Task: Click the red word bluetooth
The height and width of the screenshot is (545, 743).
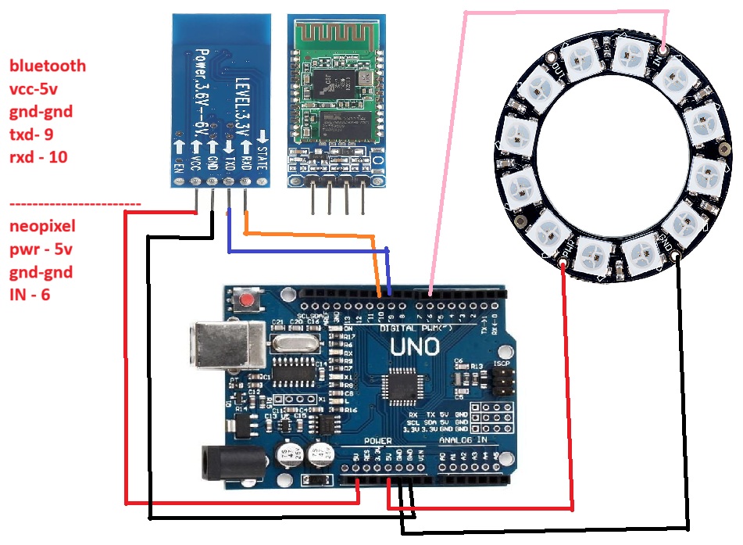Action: (x=48, y=66)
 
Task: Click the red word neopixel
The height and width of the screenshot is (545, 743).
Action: (x=42, y=228)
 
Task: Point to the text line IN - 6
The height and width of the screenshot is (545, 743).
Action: (x=30, y=296)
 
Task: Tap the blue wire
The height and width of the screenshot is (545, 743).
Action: (x=305, y=252)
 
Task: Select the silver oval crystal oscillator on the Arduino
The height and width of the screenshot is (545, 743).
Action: (x=293, y=340)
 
